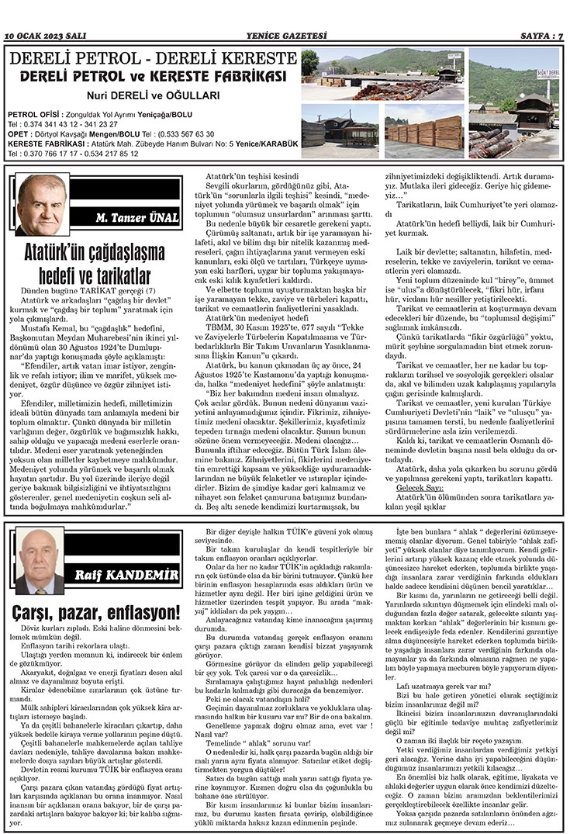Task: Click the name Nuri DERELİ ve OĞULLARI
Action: (x=152, y=96)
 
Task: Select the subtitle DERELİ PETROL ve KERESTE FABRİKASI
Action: (x=152, y=76)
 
